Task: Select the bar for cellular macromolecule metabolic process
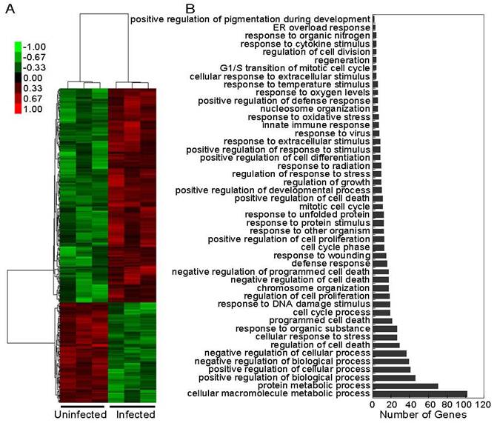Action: tap(420, 394)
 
